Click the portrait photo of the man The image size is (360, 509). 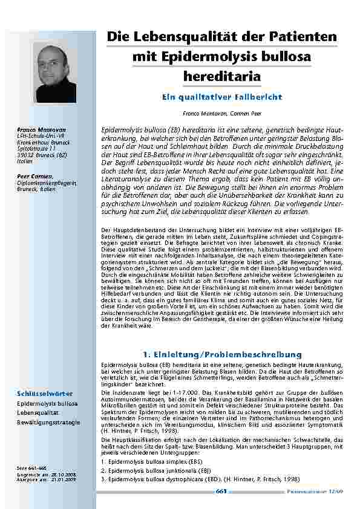pos(57,72)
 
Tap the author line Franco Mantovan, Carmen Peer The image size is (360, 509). pos(221,113)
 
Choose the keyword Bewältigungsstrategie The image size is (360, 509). pos(48,422)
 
